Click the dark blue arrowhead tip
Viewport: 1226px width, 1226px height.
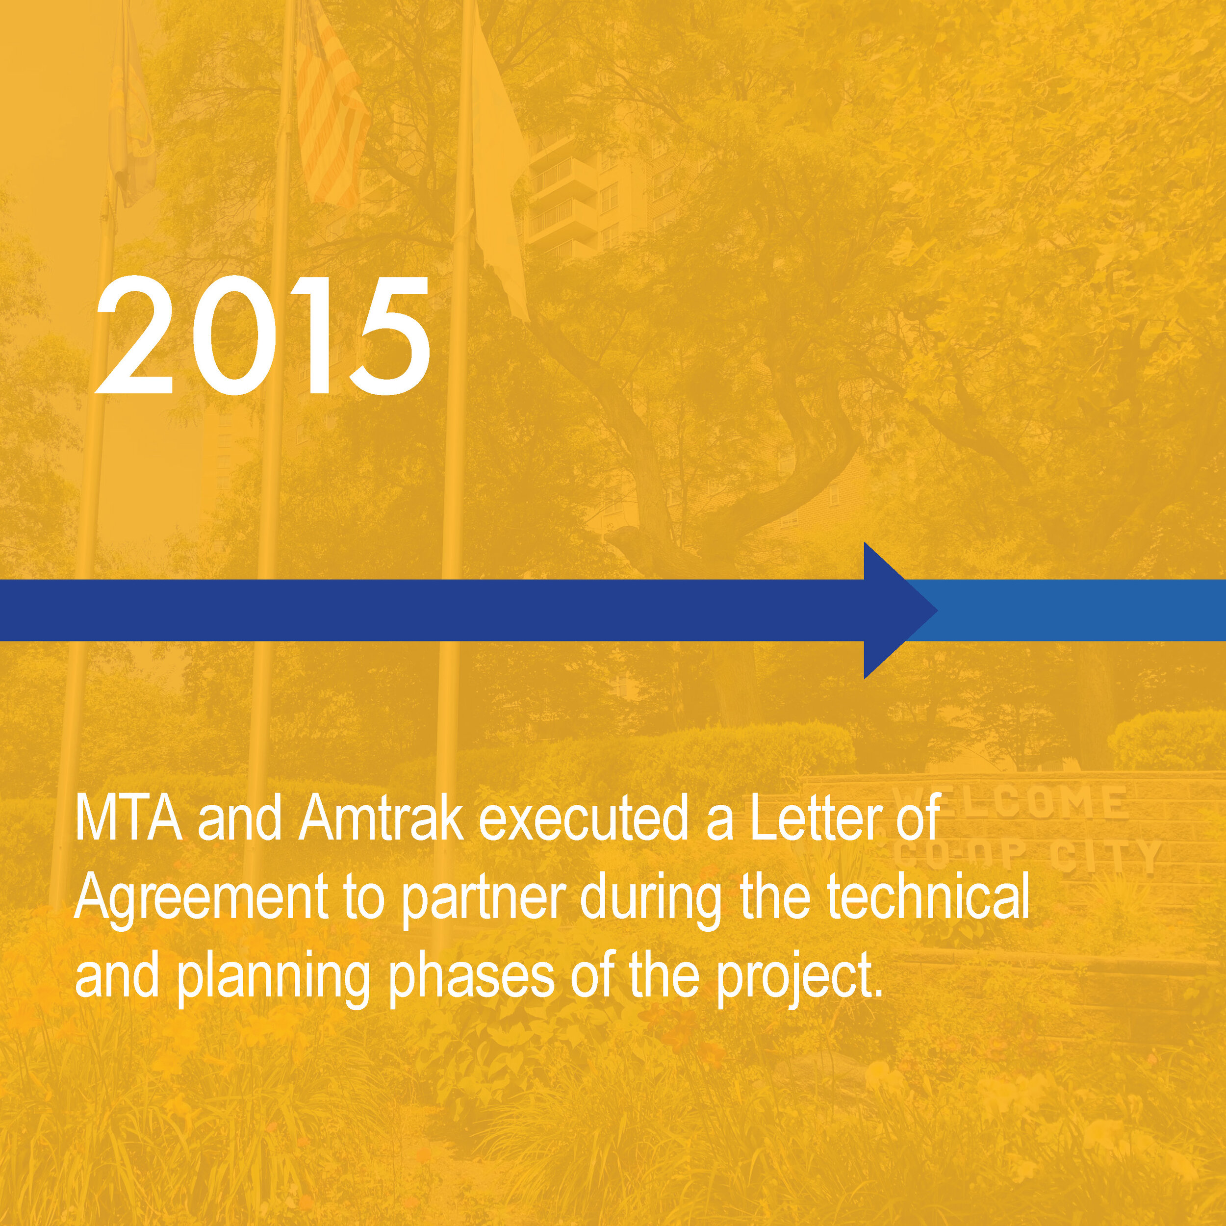coord(939,611)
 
